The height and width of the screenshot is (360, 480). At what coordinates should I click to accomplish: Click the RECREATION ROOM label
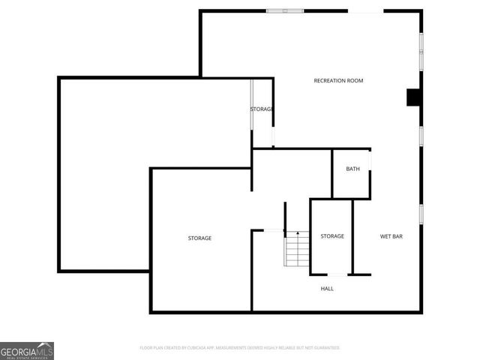(x=338, y=80)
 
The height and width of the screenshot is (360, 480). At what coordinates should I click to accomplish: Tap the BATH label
(x=352, y=169)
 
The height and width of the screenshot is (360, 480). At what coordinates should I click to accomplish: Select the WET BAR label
(x=391, y=236)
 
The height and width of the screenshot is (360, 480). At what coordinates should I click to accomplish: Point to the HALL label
(x=327, y=288)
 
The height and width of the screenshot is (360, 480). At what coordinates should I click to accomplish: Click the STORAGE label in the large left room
(x=199, y=238)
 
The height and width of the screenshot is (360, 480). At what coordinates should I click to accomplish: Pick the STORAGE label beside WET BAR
(x=332, y=236)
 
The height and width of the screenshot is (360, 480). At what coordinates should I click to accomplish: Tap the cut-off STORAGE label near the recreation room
(x=261, y=109)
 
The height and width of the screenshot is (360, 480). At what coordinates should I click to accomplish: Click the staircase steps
(x=297, y=249)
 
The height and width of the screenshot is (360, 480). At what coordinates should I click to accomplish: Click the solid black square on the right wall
(x=412, y=97)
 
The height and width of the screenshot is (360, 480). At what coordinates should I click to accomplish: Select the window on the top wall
(x=285, y=10)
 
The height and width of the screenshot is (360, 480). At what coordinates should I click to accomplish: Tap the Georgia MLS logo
(x=27, y=350)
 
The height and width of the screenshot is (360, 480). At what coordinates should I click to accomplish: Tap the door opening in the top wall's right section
(x=366, y=11)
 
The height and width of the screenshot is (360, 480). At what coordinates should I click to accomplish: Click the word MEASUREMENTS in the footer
(x=240, y=348)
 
